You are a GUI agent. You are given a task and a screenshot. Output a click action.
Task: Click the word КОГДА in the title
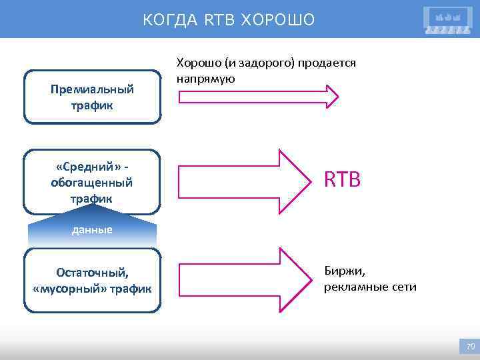(x=162, y=20)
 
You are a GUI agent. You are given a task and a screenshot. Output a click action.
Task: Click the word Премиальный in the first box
(x=92, y=89)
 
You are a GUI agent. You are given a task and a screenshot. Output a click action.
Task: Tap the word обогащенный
(x=92, y=183)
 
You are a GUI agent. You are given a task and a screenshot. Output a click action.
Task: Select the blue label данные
(x=92, y=231)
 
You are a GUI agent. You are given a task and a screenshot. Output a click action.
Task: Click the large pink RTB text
(x=342, y=179)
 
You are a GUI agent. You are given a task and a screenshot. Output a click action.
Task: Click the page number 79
(x=470, y=347)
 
